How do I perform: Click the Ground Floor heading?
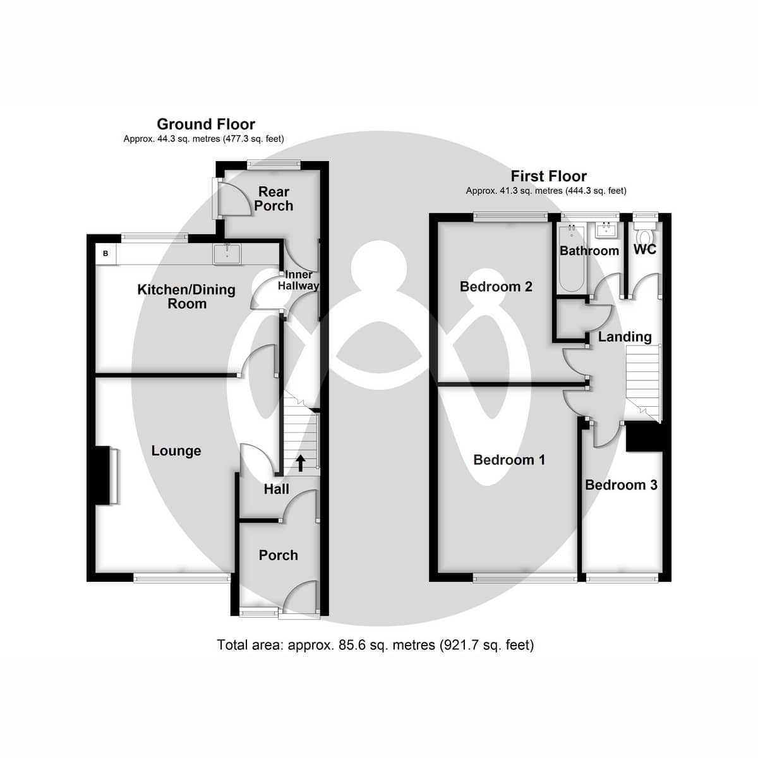click(206, 124)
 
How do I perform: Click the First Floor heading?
click(548, 176)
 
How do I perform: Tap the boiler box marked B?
click(105, 254)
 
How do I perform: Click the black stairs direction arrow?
click(300, 463)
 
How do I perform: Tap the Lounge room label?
click(176, 451)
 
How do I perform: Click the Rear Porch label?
click(274, 198)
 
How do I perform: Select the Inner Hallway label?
click(298, 280)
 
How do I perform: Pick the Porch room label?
click(278, 555)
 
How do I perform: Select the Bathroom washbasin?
click(607, 229)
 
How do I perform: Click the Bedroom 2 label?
click(496, 287)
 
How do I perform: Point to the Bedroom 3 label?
click(621, 485)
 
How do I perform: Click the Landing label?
click(624, 337)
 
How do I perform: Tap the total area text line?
click(375, 645)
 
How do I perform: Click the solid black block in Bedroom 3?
click(644, 438)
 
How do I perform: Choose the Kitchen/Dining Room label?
click(186, 296)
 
